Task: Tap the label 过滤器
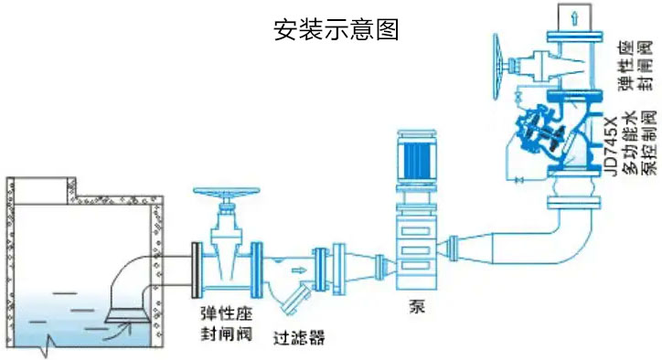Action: pos(298,337)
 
